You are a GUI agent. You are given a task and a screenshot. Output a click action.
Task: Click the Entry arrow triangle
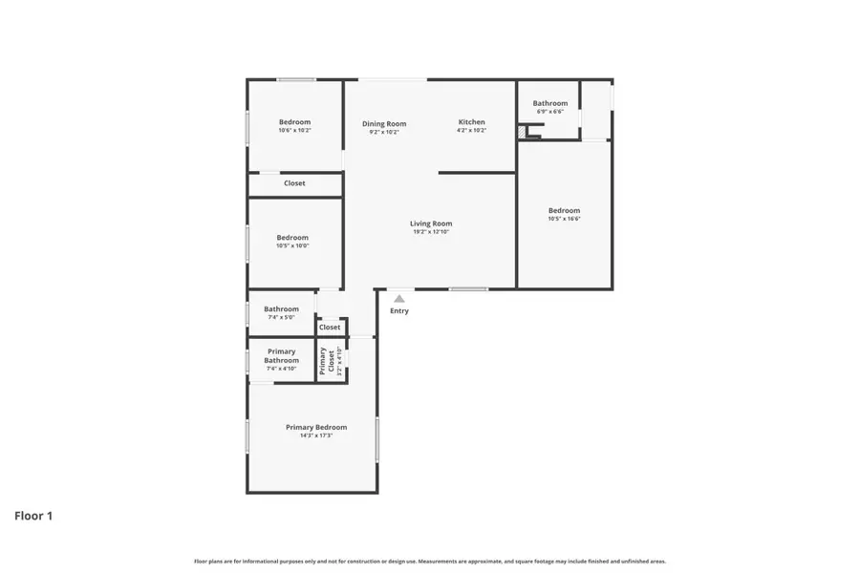click(x=399, y=299)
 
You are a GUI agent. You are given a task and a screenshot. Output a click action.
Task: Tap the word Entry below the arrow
click(x=399, y=310)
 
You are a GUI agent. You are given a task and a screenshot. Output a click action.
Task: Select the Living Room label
click(x=431, y=223)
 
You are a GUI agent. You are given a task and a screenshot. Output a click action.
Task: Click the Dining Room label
click(x=384, y=122)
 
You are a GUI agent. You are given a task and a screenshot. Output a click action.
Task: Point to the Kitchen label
click(x=472, y=122)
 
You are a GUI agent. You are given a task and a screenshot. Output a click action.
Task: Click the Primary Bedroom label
click(x=316, y=427)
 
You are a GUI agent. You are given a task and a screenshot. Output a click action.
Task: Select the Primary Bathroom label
click(x=281, y=355)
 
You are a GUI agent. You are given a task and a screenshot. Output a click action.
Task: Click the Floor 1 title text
click(x=33, y=516)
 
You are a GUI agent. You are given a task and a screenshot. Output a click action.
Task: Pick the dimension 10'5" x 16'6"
click(x=564, y=219)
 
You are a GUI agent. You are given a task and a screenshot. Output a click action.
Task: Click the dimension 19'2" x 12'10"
click(x=431, y=232)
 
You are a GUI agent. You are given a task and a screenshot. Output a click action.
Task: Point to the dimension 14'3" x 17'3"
click(x=316, y=435)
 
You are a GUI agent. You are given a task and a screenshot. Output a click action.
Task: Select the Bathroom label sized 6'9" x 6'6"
click(x=550, y=103)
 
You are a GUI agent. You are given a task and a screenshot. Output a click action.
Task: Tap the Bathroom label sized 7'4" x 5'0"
click(x=282, y=308)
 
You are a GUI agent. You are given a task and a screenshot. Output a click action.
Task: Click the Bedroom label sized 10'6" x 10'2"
click(x=294, y=122)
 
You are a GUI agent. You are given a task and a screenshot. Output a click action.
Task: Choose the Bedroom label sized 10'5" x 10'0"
click(x=292, y=237)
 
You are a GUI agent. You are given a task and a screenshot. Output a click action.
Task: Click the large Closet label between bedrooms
click(x=294, y=183)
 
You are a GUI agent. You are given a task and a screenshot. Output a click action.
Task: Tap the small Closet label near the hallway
click(x=330, y=327)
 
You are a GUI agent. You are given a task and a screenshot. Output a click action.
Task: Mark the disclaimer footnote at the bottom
click(x=430, y=562)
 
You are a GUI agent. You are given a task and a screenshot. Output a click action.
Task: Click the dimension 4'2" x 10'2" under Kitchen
click(x=472, y=131)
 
